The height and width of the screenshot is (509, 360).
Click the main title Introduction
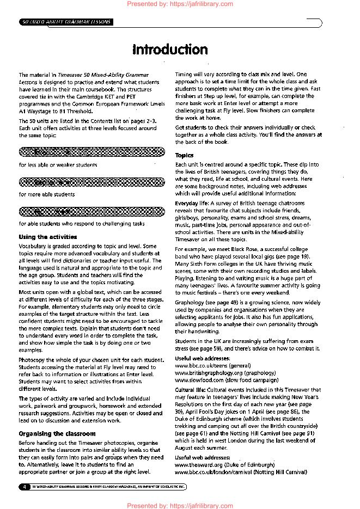170,50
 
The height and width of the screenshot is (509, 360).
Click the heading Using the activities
48,237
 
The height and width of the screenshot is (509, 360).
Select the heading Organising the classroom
57,434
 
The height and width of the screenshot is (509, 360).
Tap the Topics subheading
184,156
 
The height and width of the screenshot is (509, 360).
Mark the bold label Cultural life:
190,390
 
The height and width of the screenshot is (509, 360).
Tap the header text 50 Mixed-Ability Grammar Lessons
66,22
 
